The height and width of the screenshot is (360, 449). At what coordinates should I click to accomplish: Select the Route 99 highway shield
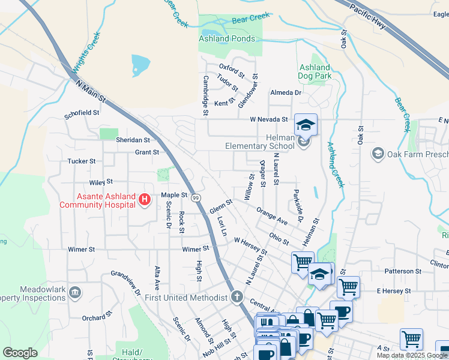(197, 197)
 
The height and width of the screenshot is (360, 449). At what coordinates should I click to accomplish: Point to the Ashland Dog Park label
(314, 72)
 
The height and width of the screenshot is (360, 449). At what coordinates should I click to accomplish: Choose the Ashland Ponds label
(227, 38)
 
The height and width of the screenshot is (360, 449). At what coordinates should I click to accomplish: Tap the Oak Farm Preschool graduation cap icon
(378, 154)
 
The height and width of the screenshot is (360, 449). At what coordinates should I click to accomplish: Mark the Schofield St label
(82, 113)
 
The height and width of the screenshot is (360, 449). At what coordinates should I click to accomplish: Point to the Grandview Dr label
(125, 284)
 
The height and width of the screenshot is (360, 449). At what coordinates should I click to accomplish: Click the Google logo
(20, 352)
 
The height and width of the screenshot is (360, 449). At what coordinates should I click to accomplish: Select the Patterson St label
(399, 271)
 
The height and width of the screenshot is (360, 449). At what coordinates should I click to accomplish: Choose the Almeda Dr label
(285, 93)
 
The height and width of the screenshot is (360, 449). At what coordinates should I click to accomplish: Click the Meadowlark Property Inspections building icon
(75, 293)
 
